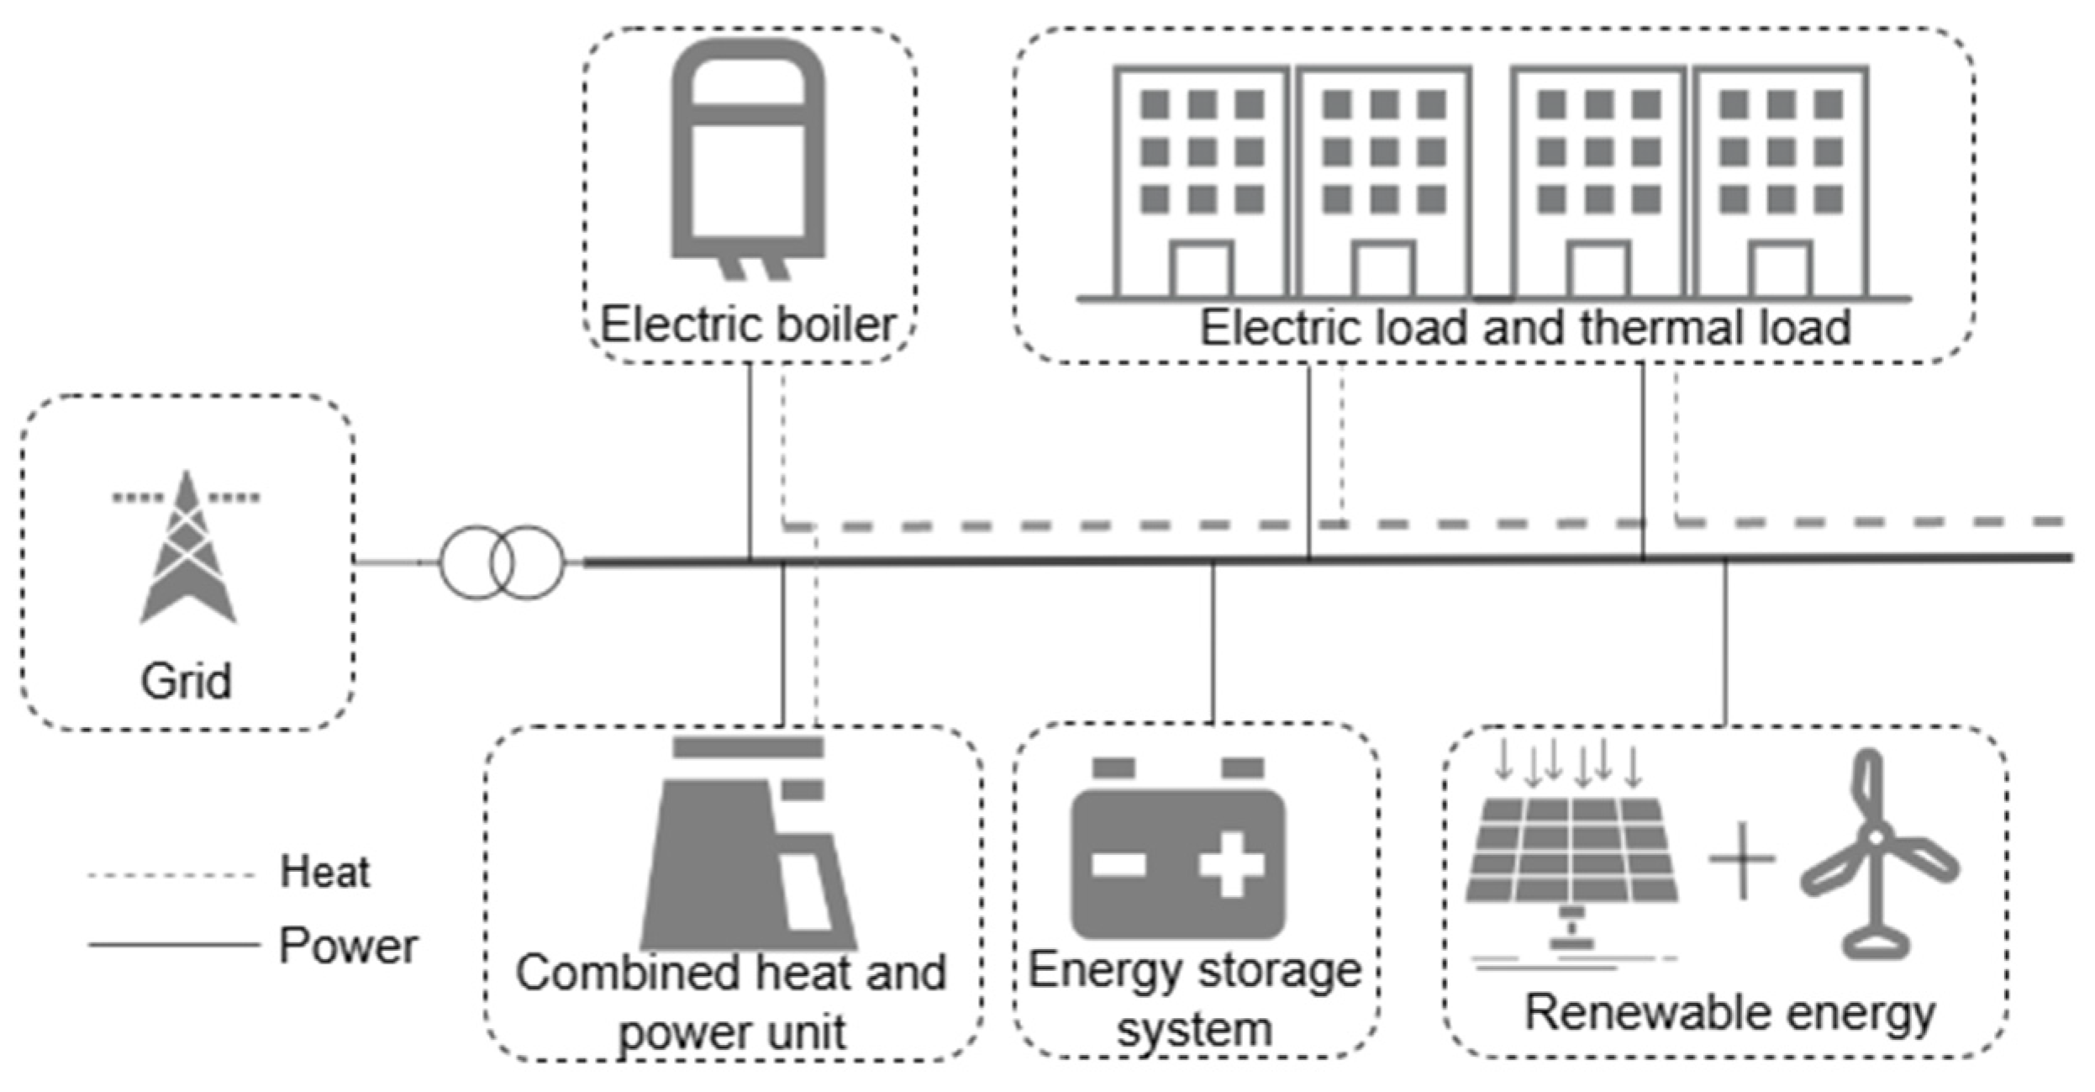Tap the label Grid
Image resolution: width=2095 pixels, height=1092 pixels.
tap(186, 681)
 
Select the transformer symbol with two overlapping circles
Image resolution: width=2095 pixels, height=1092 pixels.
tap(502, 562)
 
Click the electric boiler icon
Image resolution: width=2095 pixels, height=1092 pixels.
tap(747, 156)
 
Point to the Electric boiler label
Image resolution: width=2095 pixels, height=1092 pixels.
tap(747, 325)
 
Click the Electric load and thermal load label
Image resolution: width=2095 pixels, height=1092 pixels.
tap(1524, 327)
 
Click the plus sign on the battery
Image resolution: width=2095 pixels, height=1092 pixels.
tap(1231, 863)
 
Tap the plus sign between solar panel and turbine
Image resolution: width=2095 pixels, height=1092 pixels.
tap(1742, 860)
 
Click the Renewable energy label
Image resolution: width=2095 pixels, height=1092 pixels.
tap(1729, 1013)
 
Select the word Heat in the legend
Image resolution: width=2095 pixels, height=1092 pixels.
tap(324, 872)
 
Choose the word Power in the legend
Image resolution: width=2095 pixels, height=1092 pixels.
tap(348, 946)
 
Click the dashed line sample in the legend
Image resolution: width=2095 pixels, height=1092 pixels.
tap(171, 876)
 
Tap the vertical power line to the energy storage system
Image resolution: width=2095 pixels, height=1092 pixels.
tap(1212, 643)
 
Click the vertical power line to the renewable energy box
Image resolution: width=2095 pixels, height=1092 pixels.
tap(1725, 643)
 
